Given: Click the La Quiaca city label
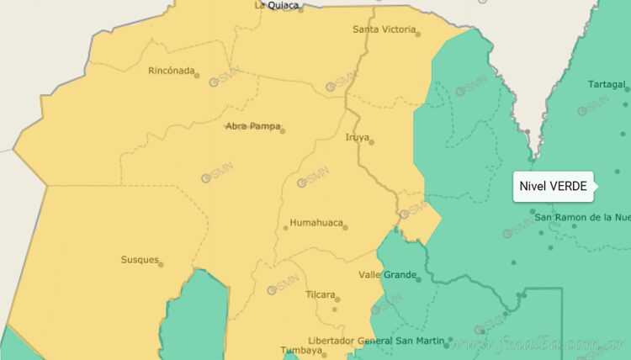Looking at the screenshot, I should pyautogui.click(x=276, y=5).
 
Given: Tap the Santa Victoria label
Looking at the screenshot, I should pyautogui.click(x=384, y=29).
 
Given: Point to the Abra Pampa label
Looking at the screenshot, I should pyautogui.click(x=252, y=126).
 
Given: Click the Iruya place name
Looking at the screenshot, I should pyautogui.click(x=357, y=137).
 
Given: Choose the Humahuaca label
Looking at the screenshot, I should pyautogui.click(x=315, y=223).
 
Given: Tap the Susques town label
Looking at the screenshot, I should pyautogui.click(x=140, y=260).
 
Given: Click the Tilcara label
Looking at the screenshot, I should pyautogui.click(x=321, y=295).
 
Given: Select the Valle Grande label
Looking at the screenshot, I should pyautogui.click(x=388, y=275).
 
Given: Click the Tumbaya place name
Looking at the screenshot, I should pyautogui.click(x=300, y=352).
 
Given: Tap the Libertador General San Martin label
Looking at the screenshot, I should pyautogui.click(x=376, y=341).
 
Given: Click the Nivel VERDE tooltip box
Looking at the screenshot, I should pyautogui.click(x=553, y=186).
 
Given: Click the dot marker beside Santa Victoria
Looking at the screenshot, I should pyautogui.click(x=418, y=34).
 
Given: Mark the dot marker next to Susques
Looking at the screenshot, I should pyautogui.click(x=161, y=264).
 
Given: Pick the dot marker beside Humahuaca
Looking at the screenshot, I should pyautogui.click(x=345, y=227).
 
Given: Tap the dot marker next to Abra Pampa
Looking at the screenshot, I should pyautogui.click(x=282, y=130).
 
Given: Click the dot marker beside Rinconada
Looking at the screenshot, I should pyautogui.click(x=197, y=76).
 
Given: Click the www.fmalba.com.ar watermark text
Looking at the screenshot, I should pyautogui.click(x=538, y=344).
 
